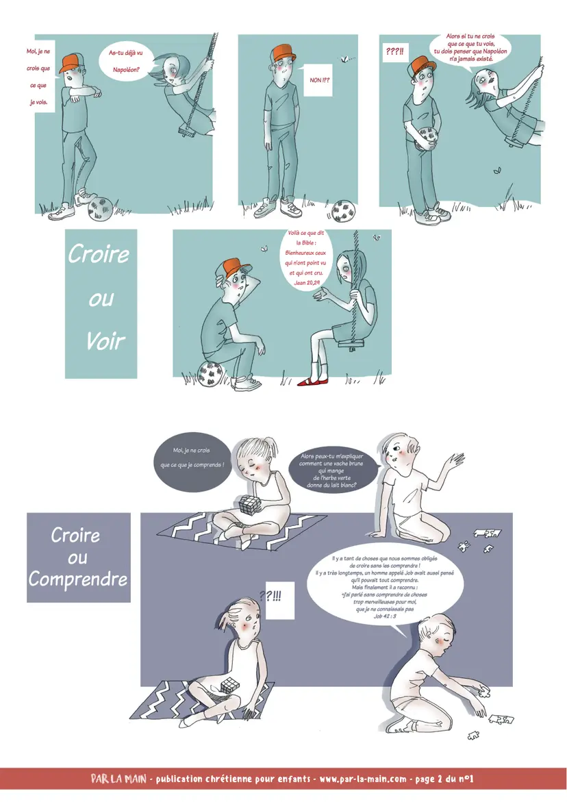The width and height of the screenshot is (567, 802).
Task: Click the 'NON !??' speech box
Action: click(x=318, y=80)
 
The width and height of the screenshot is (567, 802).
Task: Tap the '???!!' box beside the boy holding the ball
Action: click(x=394, y=51)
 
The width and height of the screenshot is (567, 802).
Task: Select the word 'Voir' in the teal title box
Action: click(x=105, y=340)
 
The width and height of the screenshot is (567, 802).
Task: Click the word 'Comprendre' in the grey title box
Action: click(x=78, y=579)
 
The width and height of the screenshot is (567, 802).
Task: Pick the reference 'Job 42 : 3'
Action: click(x=384, y=616)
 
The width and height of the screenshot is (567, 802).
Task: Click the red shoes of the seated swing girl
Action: click(x=314, y=381)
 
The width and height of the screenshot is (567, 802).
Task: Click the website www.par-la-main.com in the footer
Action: click(x=363, y=779)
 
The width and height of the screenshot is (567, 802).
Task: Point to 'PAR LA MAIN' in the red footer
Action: click(x=118, y=779)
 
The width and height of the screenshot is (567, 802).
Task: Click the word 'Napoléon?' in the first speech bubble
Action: click(x=126, y=70)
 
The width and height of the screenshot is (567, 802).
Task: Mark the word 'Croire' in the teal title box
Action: click(x=99, y=253)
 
